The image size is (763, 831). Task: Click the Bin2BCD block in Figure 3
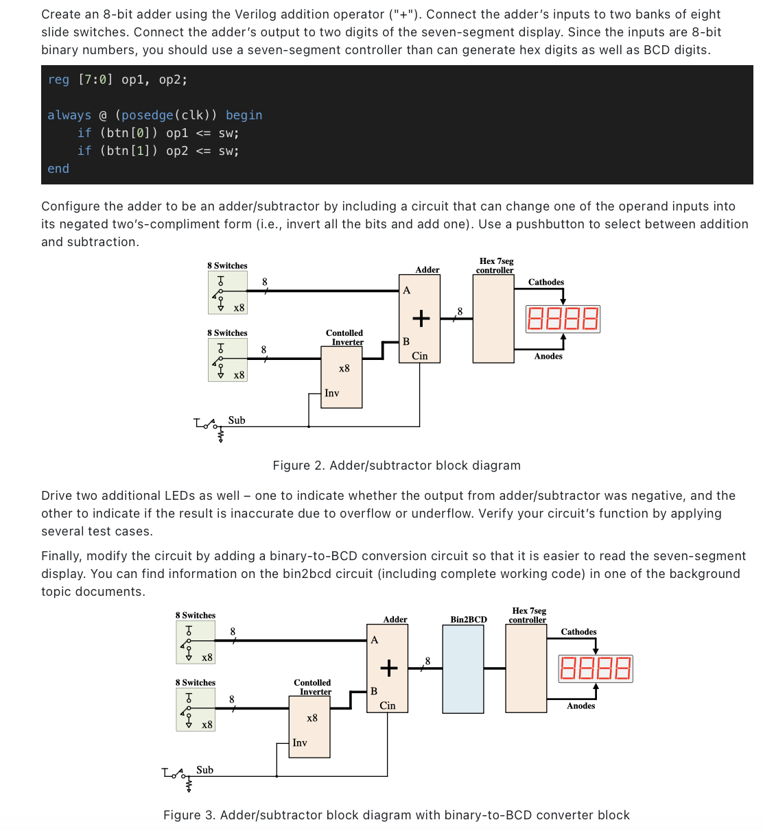point(463,669)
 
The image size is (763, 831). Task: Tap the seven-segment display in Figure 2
point(563,320)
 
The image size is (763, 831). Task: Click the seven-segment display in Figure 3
point(595,669)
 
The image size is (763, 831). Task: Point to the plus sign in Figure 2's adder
point(421,318)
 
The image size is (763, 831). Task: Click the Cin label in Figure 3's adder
point(388,706)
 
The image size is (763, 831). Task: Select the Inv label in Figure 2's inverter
point(331,393)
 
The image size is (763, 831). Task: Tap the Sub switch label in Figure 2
point(237,420)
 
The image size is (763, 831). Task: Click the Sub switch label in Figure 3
point(204,770)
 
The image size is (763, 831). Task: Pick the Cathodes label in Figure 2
point(546,282)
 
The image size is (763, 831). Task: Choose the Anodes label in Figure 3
point(580,706)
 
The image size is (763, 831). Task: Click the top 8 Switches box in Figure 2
point(228,292)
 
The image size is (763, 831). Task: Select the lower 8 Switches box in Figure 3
point(196,710)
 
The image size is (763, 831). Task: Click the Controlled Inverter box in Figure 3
point(309,727)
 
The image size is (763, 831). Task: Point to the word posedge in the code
point(147,115)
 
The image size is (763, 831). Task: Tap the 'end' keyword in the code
point(58,169)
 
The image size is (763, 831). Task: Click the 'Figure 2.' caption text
point(298,466)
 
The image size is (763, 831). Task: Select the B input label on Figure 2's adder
point(406,341)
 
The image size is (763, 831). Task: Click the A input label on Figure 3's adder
point(375,640)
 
